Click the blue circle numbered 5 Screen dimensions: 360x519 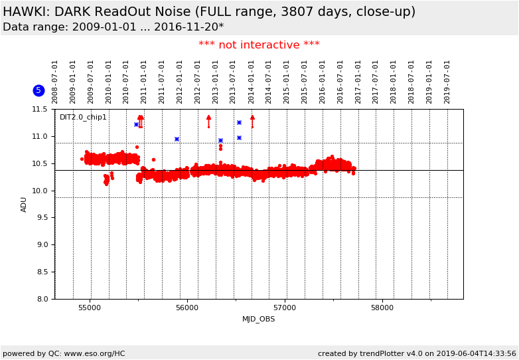coord(38,90)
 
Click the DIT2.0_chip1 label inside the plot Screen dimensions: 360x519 coord(82,118)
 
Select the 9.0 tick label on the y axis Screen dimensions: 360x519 coord(41,244)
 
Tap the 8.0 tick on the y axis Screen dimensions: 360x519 coord(41,299)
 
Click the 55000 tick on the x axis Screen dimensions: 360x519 coord(90,308)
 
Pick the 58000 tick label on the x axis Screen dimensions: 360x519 coord(382,308)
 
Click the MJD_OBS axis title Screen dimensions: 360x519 coord(259,319)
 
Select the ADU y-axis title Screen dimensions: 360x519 coord(24,204)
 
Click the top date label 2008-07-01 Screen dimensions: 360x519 coord(55,81)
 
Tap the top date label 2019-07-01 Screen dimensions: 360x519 coord(447,81)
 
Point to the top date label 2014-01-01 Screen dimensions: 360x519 coord(252,81)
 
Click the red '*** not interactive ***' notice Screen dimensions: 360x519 coord(259,45)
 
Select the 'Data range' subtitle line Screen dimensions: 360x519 coord(113,27)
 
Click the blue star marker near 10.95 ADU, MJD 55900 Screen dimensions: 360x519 coord(177,139)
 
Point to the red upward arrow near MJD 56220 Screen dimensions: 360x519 coord(208,120)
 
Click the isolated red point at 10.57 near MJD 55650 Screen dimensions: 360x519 coord(153,159)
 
